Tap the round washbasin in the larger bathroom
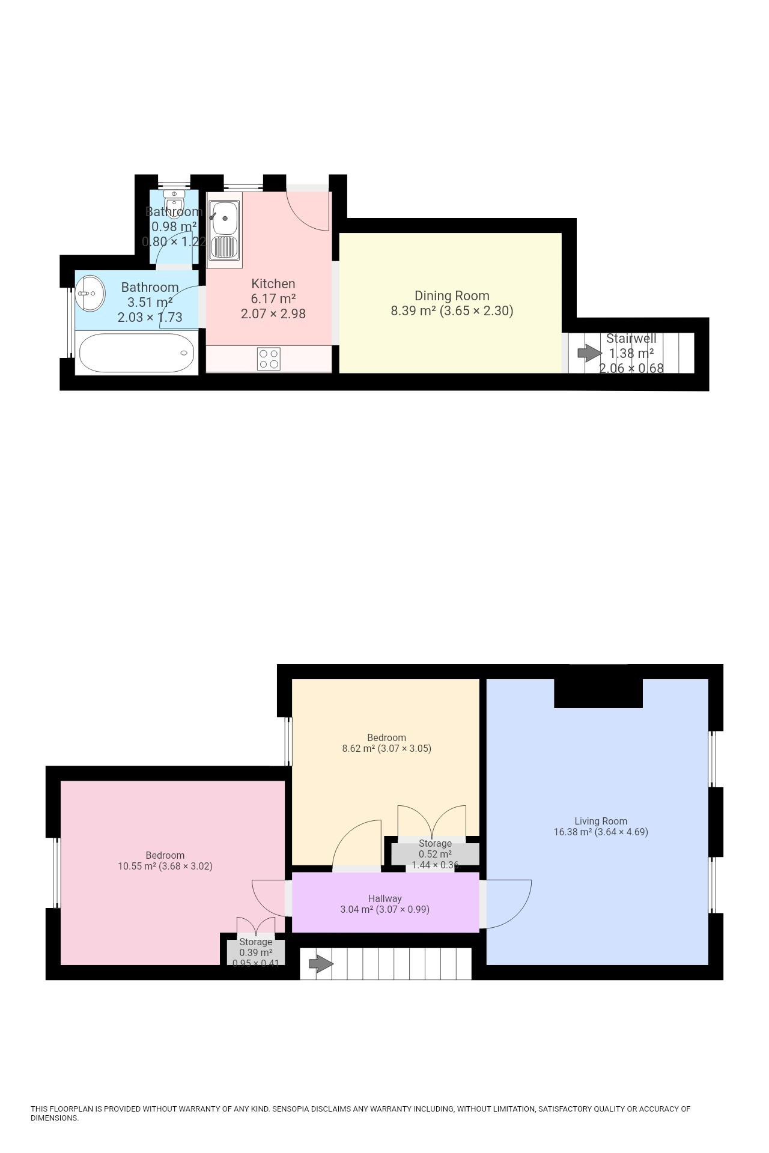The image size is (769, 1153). pyautogui.click(x=90, y=293)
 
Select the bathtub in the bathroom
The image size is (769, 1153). pyautogui.click(x=136, y=353)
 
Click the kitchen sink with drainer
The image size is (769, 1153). pyautogui.click(x=224, y=229)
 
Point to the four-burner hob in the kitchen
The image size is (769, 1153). pyautogui.click(x=269, y=359)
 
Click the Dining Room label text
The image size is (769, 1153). pyautogui.click(x=452, y=295)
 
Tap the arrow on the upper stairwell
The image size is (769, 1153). pyautogui.click(x=589, y=353)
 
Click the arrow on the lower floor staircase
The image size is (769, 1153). pyautogui.click(x=321, y=964)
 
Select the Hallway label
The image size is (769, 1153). pyautogui.click(x=384, y=898)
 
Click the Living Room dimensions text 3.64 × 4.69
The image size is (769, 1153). pyautogui.click(x=621, y=832)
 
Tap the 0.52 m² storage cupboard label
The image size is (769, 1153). pyautogui.click(x=435, y=854)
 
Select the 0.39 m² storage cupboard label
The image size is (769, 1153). pyautogui.click(x=256, y=952)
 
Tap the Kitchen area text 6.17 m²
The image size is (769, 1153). pyautogui.click(x=273, y=298)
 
